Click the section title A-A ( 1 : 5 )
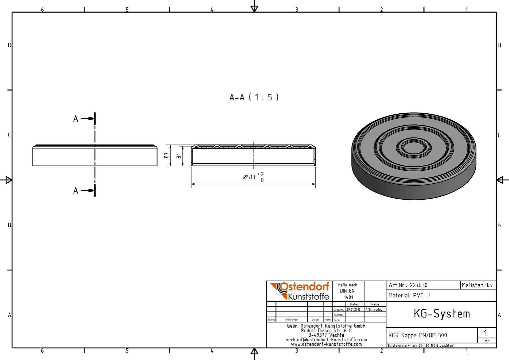coord(254,98)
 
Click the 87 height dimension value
coord(166,155)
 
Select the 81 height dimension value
coord(179,156)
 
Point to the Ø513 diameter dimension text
coord(249,177)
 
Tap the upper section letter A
coord(76,119)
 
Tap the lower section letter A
coord(76,191)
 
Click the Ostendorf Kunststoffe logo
coord(299,291)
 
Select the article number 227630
coord(419,285)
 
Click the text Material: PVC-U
coord(409,295)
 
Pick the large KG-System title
coord(442,314)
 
